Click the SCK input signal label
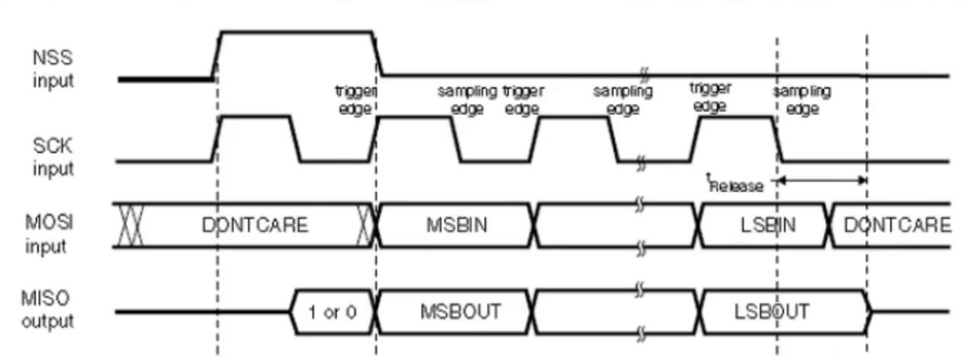tap(53, 157)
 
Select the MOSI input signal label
tap(53, 235)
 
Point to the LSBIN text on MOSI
tap(766, 225)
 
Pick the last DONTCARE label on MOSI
tap(896, 225)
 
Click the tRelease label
tap(734, 185)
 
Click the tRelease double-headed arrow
tap(822, 180)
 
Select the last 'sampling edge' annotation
tap(802, 100)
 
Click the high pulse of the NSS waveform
tap(295, 32)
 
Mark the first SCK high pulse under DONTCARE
tap(255, 116)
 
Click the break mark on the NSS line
tap(645, 75)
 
